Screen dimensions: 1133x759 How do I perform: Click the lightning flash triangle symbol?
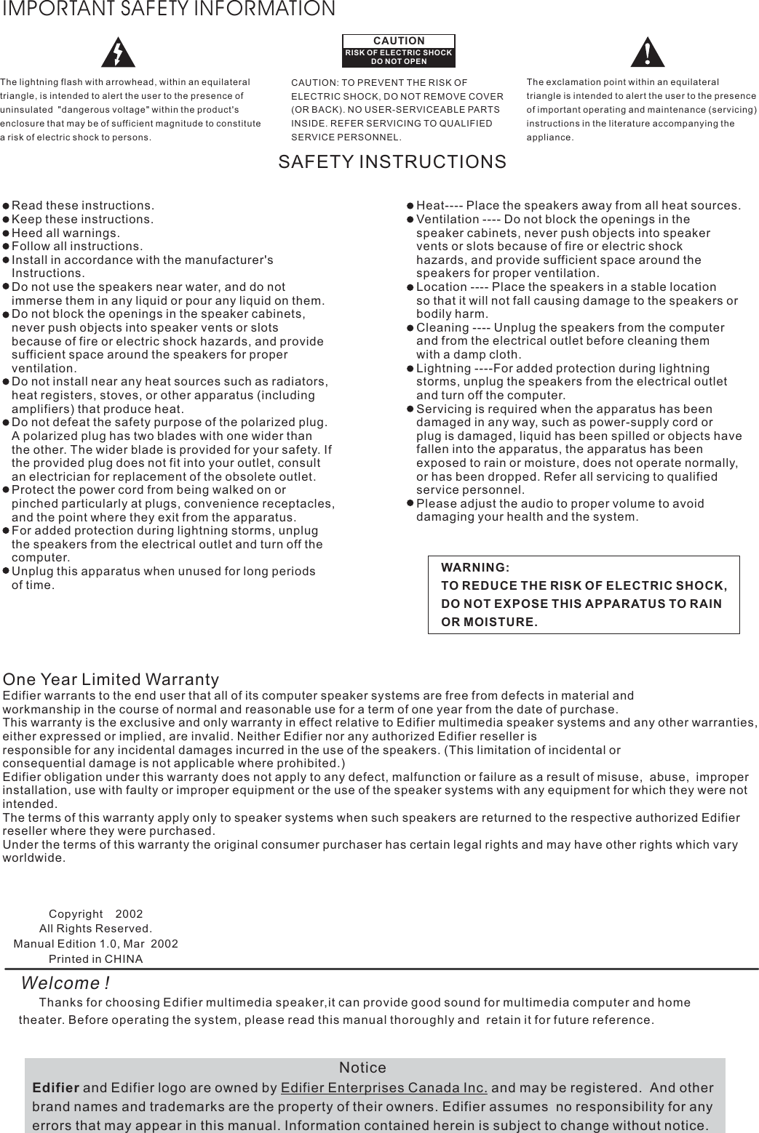coord(117,51)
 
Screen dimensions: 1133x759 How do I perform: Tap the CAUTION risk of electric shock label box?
coord(399,49)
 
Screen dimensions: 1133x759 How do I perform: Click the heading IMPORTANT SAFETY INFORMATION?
coord(168,9)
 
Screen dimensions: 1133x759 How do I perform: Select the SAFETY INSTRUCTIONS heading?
coord(392,162)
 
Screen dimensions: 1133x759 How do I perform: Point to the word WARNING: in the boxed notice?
coord(475,567)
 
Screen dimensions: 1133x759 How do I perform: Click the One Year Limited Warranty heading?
coord(111,680)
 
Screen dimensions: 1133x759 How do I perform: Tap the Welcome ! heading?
coord(65,983)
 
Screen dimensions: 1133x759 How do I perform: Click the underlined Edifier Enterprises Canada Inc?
coord(384,1088)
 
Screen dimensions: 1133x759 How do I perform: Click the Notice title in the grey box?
coord(362,1068)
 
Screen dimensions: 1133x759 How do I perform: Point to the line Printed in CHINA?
coord(95,958)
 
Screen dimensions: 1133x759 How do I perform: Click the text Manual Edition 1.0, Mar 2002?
coord(95,944)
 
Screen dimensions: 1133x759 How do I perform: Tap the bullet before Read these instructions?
coord(7,206)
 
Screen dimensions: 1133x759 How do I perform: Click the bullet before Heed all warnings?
coord(7,233)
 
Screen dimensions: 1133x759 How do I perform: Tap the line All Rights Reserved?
coord(95,929)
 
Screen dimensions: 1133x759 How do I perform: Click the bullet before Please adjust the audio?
coord(410,503)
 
